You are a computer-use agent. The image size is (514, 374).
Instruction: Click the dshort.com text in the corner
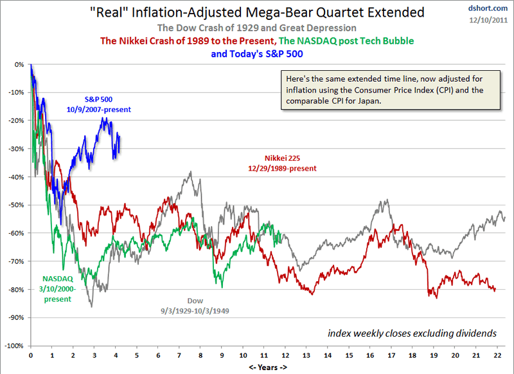point(489,8)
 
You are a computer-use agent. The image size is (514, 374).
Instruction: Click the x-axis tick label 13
point(306,355)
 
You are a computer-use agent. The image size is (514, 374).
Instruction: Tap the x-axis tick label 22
point(497,355)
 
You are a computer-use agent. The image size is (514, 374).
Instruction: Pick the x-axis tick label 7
point(179,355)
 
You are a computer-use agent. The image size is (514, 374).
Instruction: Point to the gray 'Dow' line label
point(195,301)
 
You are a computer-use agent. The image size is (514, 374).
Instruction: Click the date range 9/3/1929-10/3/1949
point(195,310)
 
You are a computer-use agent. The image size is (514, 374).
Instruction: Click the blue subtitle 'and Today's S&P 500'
point(266,53)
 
